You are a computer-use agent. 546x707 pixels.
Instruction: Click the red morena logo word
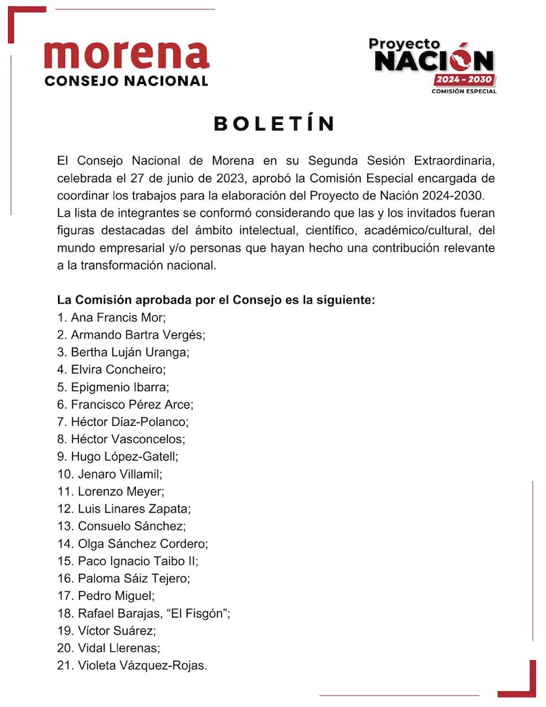coord(126,54)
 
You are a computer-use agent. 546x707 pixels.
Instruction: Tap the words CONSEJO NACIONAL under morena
coord(126,81)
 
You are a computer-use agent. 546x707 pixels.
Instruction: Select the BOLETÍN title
coord(274,124)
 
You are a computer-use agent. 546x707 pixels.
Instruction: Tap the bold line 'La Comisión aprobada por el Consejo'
coord(217,300)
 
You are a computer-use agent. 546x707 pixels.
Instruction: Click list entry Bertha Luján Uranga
coord(130,352)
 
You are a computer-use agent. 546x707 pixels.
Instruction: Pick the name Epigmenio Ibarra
coord(120,387)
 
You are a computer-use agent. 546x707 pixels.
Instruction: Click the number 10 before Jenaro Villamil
coord(64,474)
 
